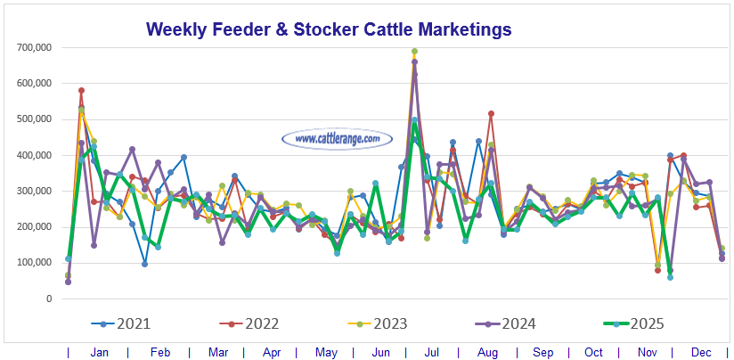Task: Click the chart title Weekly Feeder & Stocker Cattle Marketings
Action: (329, 29)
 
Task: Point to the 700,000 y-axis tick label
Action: (30, 46)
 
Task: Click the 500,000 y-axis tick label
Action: (30, 119)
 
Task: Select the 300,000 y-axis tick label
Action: (30, 191)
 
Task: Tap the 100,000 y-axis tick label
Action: (30, 263)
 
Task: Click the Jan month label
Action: (99, 353)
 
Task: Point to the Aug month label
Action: (489, 353)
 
